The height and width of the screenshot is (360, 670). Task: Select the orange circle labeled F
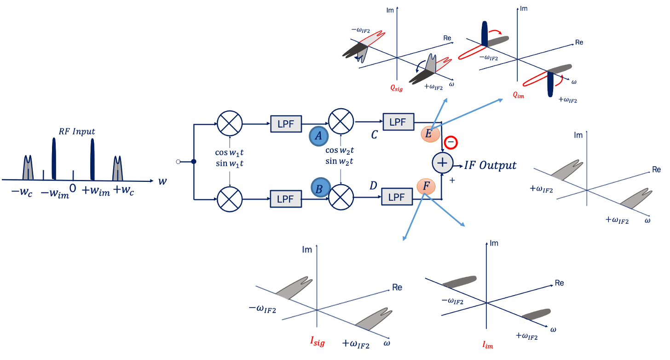tap(426, 186)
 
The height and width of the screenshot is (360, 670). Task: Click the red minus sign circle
tap(451, 143)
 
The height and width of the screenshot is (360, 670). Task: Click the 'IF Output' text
tap(491, 165)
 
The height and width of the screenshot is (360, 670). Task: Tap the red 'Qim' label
tap(519, 96)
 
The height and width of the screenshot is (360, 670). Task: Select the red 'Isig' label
tap(318, 342)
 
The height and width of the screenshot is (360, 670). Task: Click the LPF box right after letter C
tap(398, 122)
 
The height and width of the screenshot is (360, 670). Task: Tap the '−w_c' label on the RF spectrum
tap(21, 192)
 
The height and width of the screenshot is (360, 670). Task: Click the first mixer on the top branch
tap(229, 124)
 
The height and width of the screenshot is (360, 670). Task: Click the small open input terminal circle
tap(178, 162)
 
